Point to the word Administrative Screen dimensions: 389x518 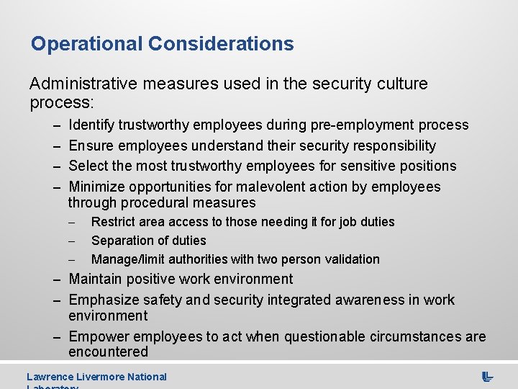[85, 84]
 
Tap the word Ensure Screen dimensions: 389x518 [91, 146]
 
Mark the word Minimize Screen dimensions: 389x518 [97, 187]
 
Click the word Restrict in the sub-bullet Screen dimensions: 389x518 [111, 222]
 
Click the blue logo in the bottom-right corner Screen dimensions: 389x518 [487, 377]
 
